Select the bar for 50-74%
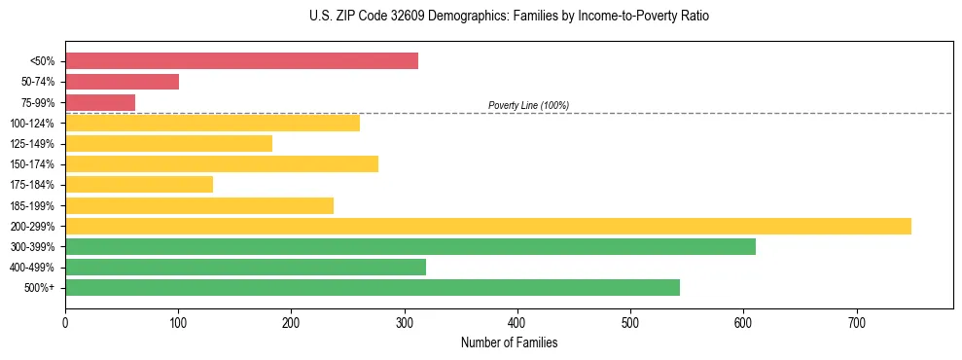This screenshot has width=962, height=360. [122, 82]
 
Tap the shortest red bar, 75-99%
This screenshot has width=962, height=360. [100, 102]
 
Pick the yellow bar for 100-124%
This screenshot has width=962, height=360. [212, 123]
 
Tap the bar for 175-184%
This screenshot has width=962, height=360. [138, 184]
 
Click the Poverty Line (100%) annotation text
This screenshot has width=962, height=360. [528, 105]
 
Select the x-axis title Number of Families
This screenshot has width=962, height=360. [509, 343]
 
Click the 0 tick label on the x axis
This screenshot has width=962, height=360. [65, 322]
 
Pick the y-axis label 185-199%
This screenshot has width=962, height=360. [32, 205]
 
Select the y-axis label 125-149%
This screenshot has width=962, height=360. [32, 144]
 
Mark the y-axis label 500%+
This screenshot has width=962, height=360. [40, 288]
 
